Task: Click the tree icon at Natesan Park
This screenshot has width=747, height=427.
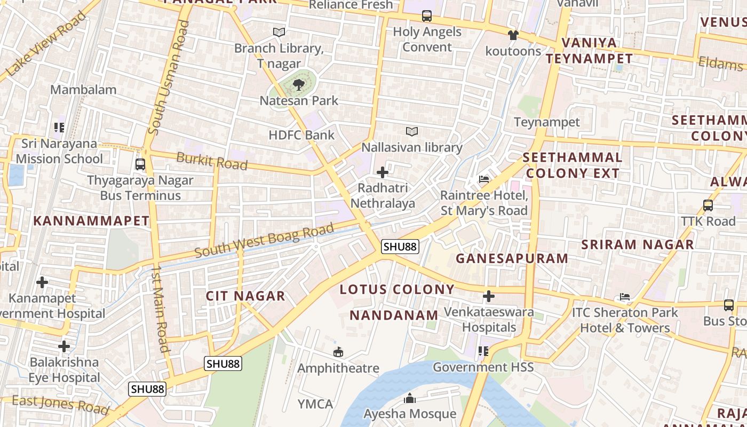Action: pos(298,84)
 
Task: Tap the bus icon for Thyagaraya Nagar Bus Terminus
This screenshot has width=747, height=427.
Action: pos(140,164)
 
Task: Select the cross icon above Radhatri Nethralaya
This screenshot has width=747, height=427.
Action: pos(383,172)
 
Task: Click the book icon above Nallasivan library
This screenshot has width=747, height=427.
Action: pos(411,131)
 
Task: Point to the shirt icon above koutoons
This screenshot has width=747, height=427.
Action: pos(513,35)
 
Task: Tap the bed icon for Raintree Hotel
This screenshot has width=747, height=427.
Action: pos(484,179)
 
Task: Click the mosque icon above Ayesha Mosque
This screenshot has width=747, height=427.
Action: pos(410,398)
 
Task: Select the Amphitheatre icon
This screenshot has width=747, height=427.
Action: pos(338,352)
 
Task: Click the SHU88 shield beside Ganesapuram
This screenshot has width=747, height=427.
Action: pos(400,247)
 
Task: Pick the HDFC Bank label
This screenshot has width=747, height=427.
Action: pos(301,135)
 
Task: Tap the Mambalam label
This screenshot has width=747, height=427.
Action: pos(83,90)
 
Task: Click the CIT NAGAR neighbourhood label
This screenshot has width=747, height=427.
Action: pos(245,296)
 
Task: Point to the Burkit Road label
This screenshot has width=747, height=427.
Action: pos(212,161)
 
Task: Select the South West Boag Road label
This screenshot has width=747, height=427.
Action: pos(264,242)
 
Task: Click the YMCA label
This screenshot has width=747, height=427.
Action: pos(315,404)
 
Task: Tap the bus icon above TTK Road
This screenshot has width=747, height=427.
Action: pos(708,205)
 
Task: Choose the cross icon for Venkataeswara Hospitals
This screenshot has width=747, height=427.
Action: pos(488,296)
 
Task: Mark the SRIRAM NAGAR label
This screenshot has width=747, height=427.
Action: pos(638,244)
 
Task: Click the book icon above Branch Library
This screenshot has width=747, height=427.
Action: pos(279,32)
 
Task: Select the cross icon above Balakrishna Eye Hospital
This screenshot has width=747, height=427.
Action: pos(64,346)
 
